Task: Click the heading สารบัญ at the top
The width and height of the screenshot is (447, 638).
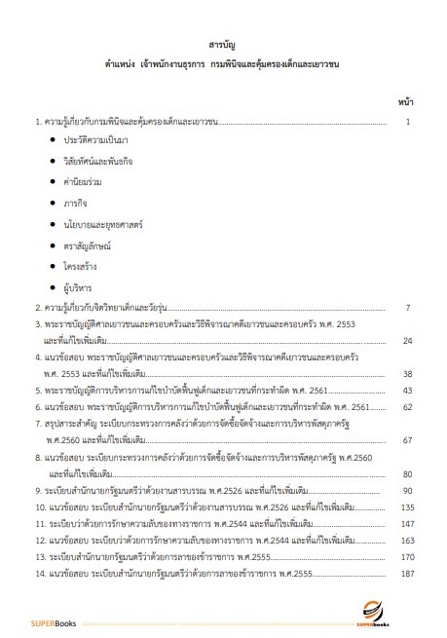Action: pyautogui.click(x=223, y=45)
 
